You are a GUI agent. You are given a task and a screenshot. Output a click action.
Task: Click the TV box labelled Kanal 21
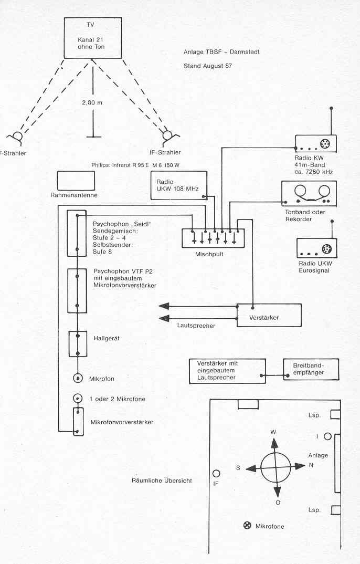(93, 37)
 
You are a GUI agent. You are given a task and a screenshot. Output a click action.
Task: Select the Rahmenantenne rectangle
(77, 180)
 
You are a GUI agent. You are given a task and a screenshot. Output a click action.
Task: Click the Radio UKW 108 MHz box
(174, 186)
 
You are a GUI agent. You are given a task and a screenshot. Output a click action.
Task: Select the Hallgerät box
(77, 344)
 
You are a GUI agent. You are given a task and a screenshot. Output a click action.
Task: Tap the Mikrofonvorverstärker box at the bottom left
(77, 421)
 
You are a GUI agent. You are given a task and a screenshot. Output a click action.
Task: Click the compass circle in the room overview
(276, 467)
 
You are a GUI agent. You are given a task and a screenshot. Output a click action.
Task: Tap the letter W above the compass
(273, 432)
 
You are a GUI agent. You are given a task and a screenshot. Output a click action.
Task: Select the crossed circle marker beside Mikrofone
(247, 525)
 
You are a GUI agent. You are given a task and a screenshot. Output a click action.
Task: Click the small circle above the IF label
(216, 473)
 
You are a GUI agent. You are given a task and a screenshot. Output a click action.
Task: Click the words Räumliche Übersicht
(162, 481)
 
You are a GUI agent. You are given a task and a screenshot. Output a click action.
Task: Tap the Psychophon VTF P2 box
(77, 290)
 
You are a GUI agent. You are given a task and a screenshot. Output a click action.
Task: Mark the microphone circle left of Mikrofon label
(77, 378)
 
